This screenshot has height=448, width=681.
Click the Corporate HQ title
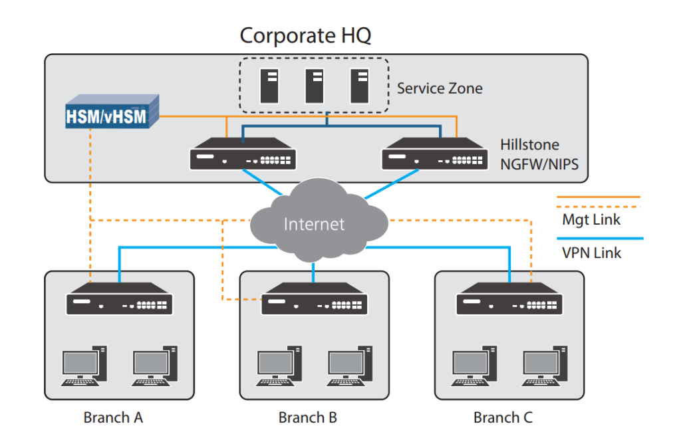tap(305, 35)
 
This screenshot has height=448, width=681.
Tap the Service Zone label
tap(440, 88)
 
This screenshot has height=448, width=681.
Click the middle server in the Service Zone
tap(315, 86)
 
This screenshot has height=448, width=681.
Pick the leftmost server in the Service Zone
tap(269, 86)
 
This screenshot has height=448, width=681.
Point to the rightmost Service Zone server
tap(360, 86)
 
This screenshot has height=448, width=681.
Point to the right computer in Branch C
tap(544, 366)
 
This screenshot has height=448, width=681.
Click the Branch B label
tap(308, 418)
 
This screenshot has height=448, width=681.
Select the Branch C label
tap(503, 418)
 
